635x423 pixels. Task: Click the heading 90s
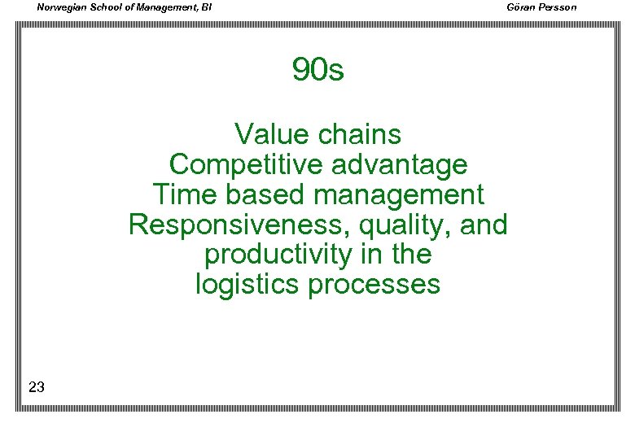(x=318, y=71)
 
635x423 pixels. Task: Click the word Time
(x=181, y=194)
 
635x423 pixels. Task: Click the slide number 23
(x=36, y=387)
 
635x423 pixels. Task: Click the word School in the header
(x=109, y=7)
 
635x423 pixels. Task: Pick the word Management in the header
(x=165, y=8)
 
